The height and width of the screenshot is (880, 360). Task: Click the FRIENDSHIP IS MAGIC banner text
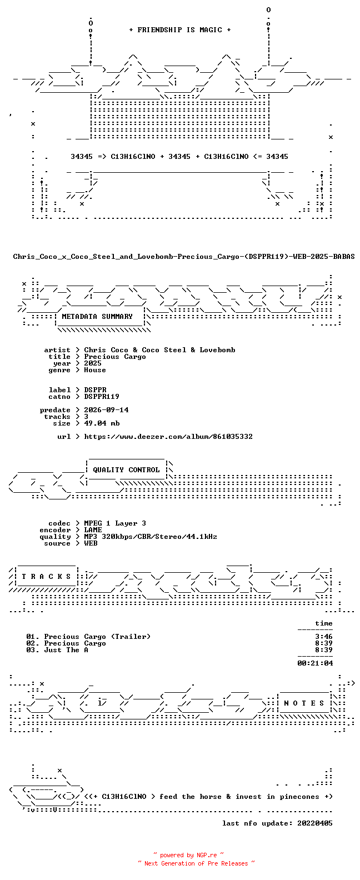[180, 30]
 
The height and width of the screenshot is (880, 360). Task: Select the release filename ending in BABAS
[184, 257]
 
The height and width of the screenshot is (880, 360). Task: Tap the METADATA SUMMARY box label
[97, 317]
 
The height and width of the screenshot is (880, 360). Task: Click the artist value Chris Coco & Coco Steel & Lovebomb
[159, 350]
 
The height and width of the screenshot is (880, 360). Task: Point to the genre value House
[94, 370]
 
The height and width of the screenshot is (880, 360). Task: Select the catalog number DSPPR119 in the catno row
[102, 397]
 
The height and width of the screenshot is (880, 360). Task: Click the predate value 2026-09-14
[106, 410]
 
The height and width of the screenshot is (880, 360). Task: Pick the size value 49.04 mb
[102, 423]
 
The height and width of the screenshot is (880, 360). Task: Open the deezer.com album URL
[168, 437]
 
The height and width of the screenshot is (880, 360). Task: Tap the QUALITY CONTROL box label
[126, 470]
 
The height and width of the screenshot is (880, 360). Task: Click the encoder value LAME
[93, 530]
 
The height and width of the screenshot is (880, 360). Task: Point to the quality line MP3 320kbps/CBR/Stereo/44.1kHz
[151, 537]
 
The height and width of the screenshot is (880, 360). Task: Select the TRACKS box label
[46, 577]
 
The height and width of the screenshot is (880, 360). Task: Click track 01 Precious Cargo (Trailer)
[88, 637]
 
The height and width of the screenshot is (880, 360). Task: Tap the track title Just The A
[66, 650]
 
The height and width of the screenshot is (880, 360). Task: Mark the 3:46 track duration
[324, 637]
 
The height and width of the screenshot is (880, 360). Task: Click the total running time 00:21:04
[315, 663]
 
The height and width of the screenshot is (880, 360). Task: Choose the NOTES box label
[304, 703]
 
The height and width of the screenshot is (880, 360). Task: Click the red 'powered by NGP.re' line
[188, 855]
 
